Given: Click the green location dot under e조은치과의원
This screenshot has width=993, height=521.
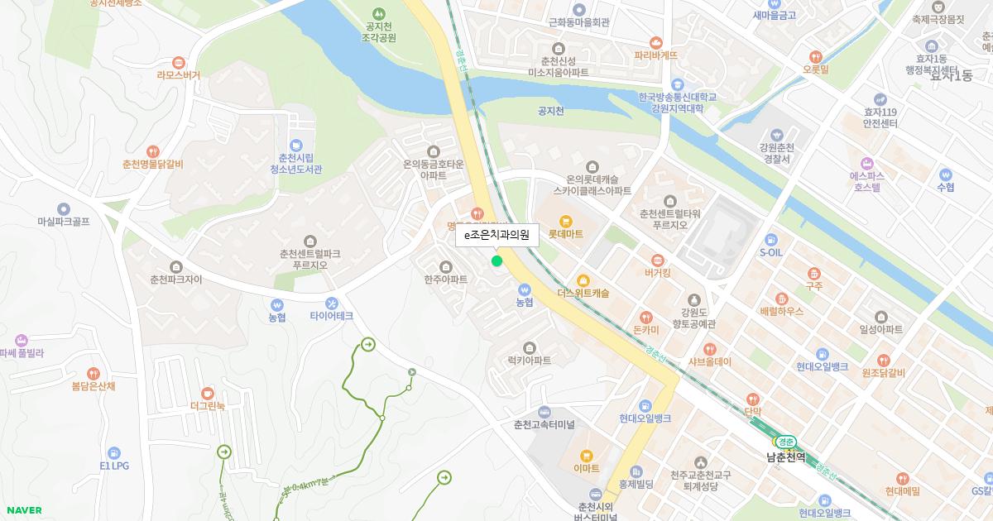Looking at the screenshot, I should click(496, 261).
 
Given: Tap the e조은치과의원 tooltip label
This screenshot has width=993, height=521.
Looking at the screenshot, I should click(496, 235).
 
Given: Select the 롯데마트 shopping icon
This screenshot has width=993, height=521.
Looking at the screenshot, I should click(565, 221).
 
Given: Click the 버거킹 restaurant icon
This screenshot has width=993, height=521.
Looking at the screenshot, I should click(657, 260).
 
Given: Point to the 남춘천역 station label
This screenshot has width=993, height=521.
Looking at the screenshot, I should click(785, 456).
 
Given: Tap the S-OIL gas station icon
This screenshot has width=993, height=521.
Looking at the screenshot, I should click(771, 239).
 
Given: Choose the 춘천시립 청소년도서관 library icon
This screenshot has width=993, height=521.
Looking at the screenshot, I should click(295, 145).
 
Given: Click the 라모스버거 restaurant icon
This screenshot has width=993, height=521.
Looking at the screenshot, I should click(178, 62).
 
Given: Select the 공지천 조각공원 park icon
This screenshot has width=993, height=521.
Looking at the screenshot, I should click(378, 13).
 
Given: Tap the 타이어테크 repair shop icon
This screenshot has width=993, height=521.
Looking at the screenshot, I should click(332, 303).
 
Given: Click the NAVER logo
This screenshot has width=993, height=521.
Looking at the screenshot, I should click(22, 510).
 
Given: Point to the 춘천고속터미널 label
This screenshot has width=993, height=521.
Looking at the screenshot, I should click(544, 424).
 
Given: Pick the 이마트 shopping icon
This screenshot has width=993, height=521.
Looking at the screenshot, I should click(586, 455).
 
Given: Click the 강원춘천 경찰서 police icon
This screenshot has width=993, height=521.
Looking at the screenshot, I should click(775, 135).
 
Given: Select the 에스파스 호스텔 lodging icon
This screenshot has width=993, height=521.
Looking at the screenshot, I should click(866, 163).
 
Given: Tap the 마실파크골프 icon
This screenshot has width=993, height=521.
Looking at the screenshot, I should click(63, 209).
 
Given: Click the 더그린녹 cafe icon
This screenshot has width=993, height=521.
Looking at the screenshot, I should click(207, 393).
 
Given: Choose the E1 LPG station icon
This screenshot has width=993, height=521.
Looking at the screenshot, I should click(114, 453).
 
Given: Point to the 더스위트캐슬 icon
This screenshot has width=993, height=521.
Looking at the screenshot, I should click(583, 280).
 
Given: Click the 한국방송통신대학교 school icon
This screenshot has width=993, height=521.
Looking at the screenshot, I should click(677, 84).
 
